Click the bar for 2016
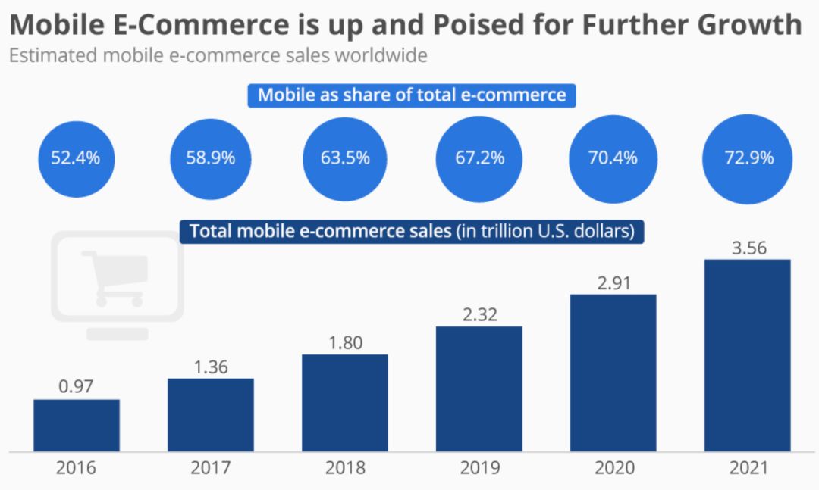coord(77,425)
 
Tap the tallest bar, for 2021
coord(747,355)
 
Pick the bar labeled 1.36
coord(211,414)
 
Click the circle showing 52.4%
coord(76,158)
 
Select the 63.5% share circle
coord(345,158)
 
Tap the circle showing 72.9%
coord(747,158)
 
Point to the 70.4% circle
coord(613,158)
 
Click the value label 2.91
coord(613,282)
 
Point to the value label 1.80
coord(345,342)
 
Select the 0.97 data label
coord(76,387)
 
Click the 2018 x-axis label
coord(345,468)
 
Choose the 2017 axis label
coord(211,468)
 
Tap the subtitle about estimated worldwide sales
coord(218,55)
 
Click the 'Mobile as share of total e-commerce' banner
coord(412,95)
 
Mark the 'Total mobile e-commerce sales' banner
coord(412,231)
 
